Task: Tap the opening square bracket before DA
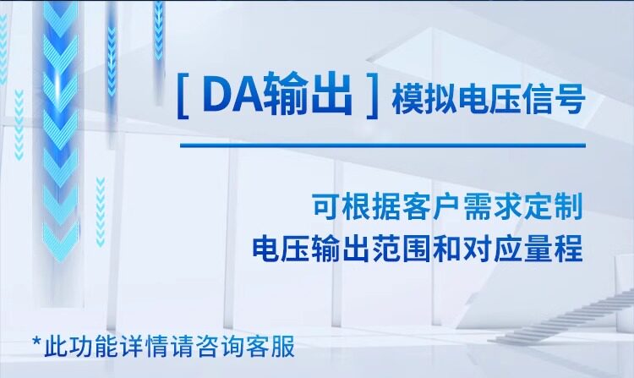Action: pos(183,96)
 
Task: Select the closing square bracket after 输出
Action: pos(372,96)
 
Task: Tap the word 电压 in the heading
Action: pos(489,99)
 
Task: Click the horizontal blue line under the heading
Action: pos(383,145)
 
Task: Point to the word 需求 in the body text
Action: pos(493,206)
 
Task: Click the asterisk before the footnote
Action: pos(37,342)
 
